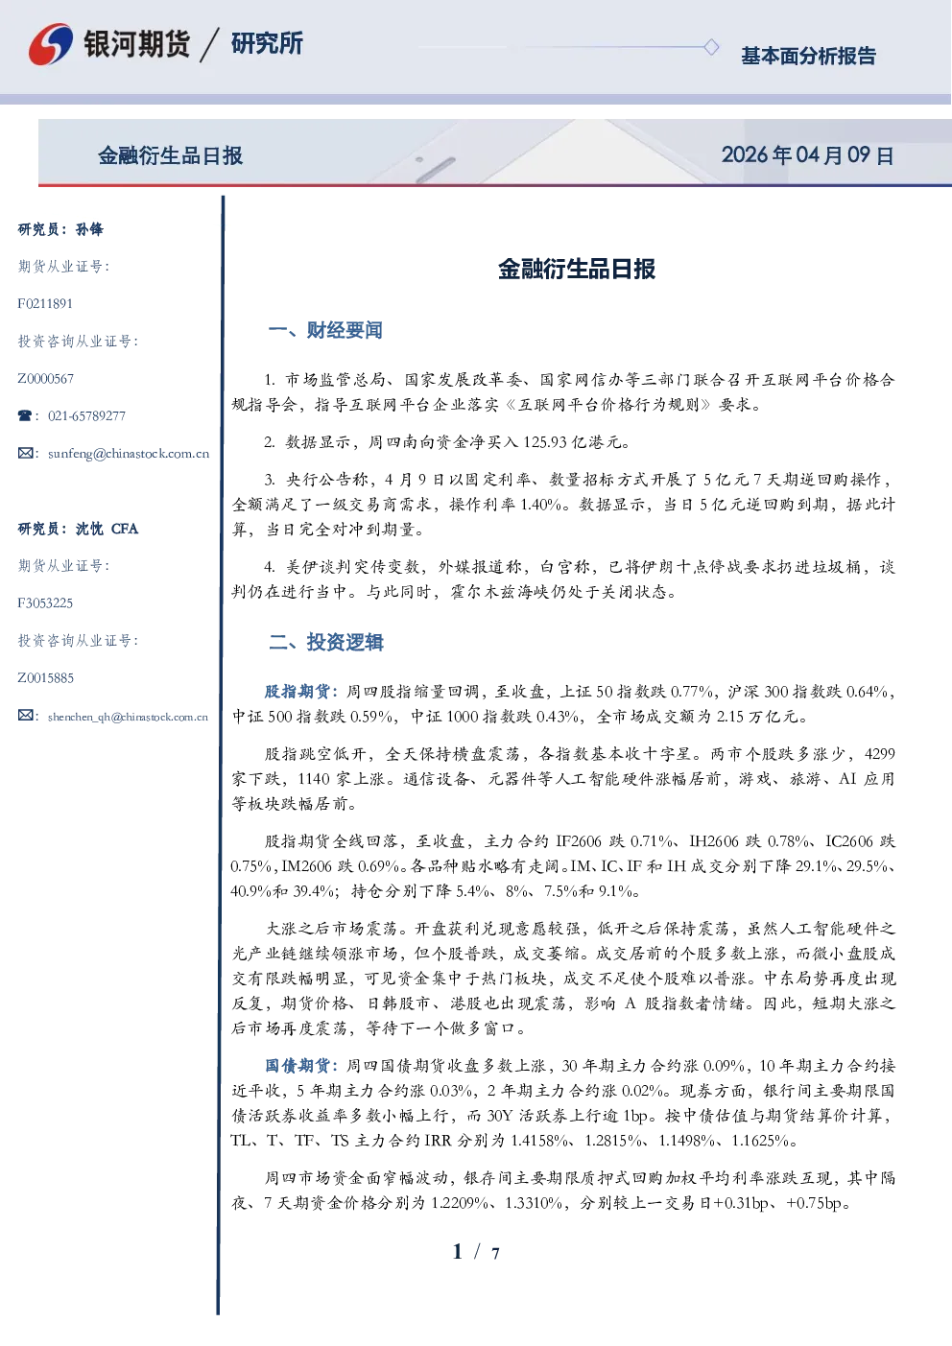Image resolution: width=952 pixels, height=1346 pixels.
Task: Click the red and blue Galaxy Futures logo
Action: click(x=51, y=44)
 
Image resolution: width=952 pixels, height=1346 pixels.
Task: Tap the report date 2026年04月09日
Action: click(x=808, y=155)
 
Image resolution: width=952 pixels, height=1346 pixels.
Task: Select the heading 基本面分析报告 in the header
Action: click(x=808, y=56)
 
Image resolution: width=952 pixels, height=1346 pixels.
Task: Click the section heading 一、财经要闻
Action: click(x=325, y=330)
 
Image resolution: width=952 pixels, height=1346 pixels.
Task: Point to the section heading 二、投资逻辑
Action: click(x=325, y=643)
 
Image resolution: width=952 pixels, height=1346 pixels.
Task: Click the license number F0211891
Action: click(x=45, y=303)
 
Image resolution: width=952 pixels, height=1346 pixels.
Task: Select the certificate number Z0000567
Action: click(x=46, y=379)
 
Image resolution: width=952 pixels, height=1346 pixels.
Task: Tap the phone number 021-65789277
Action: click(x=86, y=415)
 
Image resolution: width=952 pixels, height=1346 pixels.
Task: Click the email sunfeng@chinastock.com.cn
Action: click(x=129, y=454)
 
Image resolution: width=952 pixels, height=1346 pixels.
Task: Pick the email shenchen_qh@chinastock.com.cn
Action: click(x=128, y=717)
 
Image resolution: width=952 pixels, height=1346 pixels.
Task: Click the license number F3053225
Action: click(x=45, y=603)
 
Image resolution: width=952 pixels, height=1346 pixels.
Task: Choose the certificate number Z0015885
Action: click(x=46, y=678)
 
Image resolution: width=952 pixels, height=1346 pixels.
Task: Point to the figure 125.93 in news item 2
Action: click(x=545, y=442)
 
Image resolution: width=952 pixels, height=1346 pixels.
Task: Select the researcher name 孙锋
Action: click(x=89, y=229)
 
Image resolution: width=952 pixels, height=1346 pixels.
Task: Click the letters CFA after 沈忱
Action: click(x=125, y=529)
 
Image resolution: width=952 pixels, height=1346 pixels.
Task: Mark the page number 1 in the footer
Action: click(x=458, y=1252)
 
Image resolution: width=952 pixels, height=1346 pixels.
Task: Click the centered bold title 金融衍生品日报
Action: click(x=577, y=269)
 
